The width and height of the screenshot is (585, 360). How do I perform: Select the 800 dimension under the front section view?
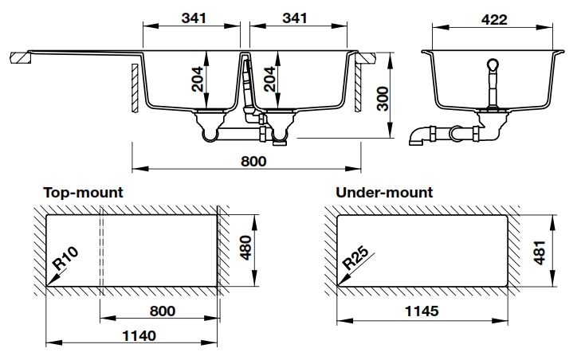pyautogui.click(x=252, y=160)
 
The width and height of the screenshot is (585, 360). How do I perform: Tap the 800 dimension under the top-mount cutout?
pyautogui.click(x=161, y=310)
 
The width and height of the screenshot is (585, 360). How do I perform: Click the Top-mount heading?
pyautogui.click(x=83, y=193)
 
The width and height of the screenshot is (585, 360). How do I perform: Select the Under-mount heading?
pyautogui.click(x=384, y=193)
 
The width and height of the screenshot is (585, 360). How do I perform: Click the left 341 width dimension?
pyautogui.click(x=191, y=18)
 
